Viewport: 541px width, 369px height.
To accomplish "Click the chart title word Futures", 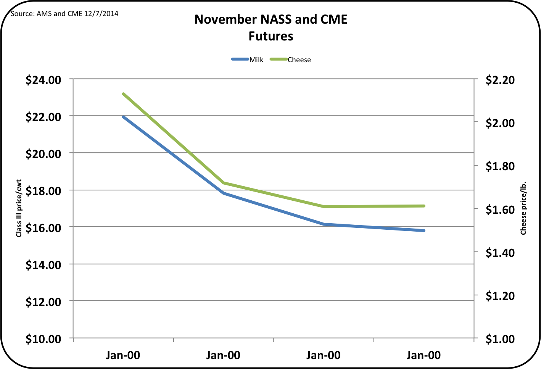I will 270,36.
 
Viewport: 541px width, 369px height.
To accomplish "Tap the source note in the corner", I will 64,14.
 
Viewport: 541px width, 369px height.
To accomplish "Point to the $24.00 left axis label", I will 43,80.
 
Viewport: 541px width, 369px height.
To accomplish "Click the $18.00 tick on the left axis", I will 43,191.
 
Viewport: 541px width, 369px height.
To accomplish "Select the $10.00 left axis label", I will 43,339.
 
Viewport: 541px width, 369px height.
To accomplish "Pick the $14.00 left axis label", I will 43,265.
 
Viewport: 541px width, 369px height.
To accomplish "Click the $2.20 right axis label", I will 500,80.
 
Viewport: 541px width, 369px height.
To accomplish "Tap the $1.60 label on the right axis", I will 500,209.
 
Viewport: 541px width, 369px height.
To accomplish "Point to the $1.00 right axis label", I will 500,339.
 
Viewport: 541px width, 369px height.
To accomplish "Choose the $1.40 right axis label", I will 500,253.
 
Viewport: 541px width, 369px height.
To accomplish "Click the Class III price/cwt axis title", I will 19,208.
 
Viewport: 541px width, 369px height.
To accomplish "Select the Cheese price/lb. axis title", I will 523,208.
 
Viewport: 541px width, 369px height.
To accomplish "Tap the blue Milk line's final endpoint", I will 423,230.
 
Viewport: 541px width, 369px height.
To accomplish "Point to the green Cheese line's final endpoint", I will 423,206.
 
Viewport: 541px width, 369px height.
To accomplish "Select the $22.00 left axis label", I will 43,117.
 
